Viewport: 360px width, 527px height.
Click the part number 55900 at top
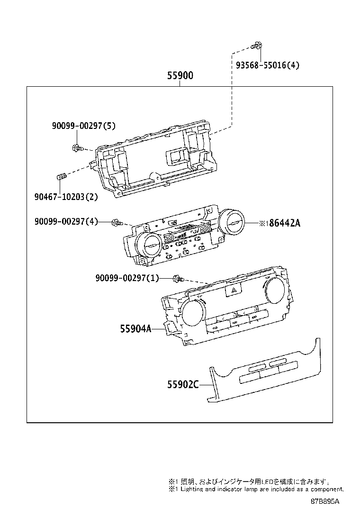coord(180,76)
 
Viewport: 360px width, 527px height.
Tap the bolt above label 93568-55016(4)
coord(257,46)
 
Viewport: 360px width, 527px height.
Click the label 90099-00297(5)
coord(84,126)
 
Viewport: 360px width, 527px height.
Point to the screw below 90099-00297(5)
coord(77,148)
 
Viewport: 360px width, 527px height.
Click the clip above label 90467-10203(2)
coord(60,177)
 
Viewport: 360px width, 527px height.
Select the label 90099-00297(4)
coord(66,221)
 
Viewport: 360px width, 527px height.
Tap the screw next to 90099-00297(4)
coord(117,222)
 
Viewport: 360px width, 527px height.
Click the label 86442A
coord(284,223)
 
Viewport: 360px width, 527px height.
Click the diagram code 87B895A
coord(325,501)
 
